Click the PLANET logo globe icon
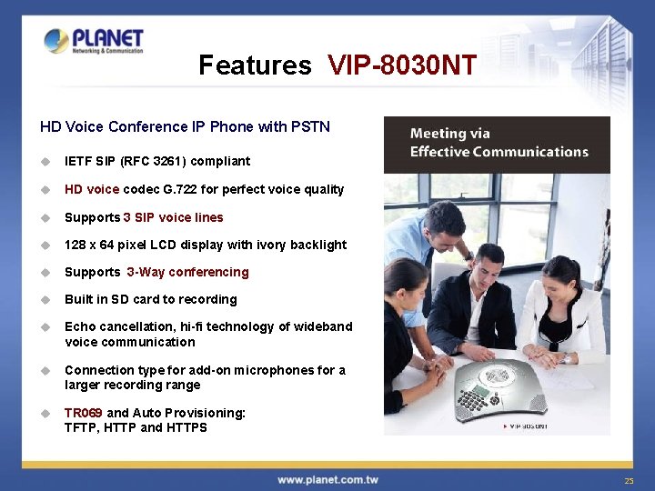[x=56, y=41]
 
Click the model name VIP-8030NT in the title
[x=402, y=65]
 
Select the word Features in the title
[x=255, y=65]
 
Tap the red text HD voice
[x=92, y=189]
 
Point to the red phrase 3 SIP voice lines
[x=173, y=217]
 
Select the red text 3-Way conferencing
[x=187, y=272]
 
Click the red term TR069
[x=84, y=413]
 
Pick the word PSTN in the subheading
[x=310, y=126]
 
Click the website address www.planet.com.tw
[x=327, y=479]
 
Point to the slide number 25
[x=629, y=480]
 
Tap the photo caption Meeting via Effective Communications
[x=499, y=143]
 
